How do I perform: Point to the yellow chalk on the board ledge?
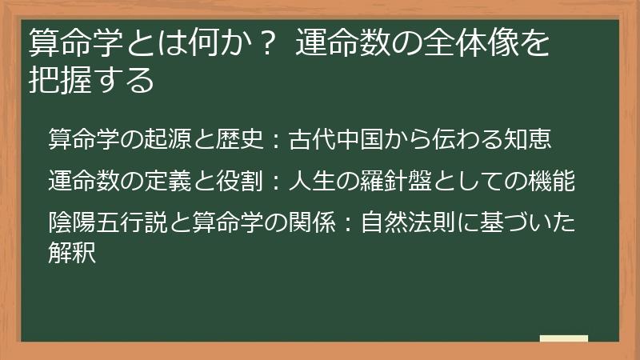(x=565, y=339)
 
